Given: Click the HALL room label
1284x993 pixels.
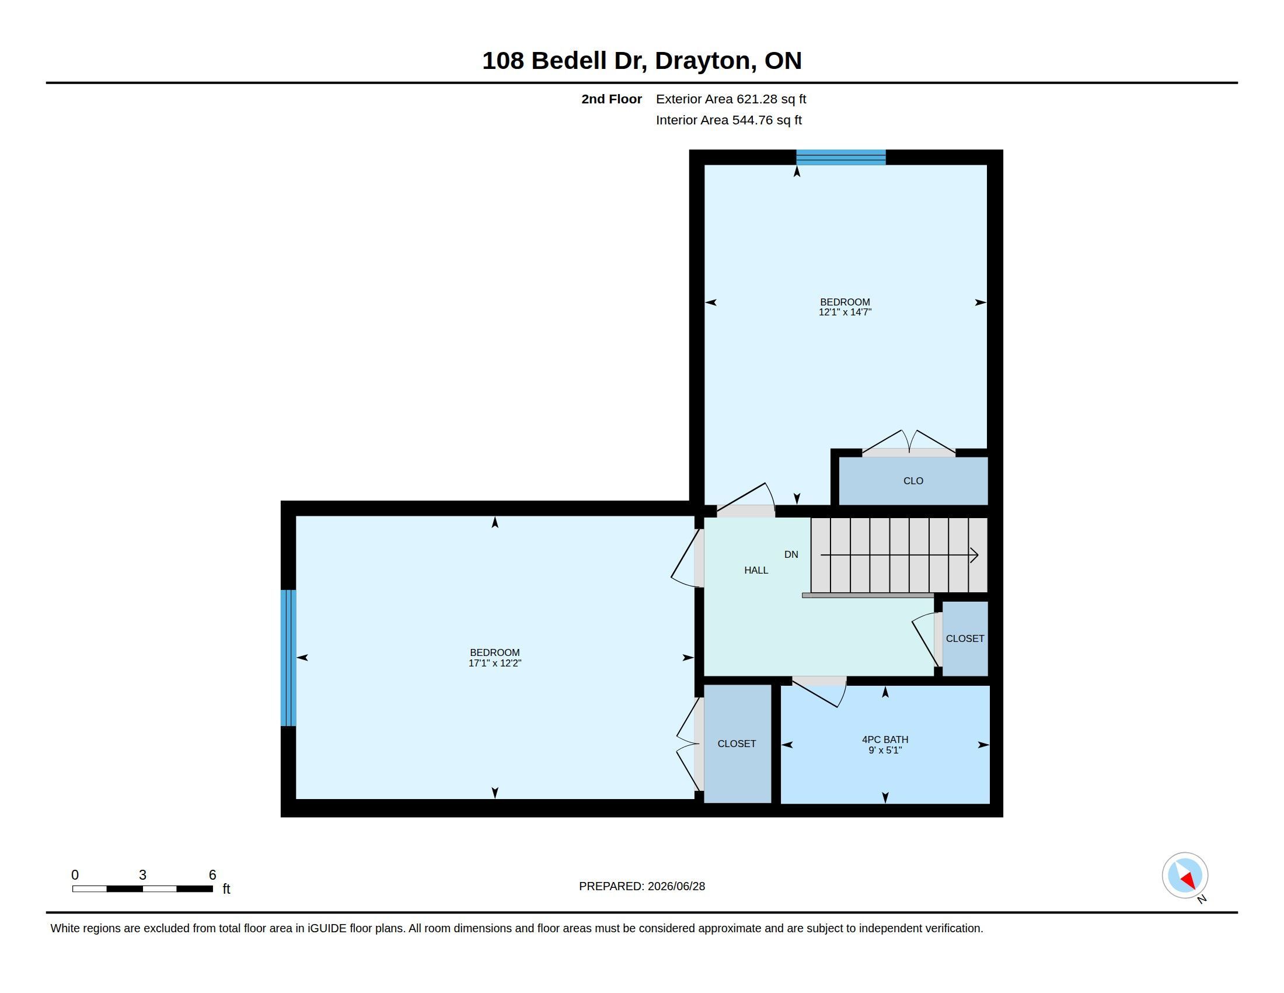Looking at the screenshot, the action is [x=756, y=570].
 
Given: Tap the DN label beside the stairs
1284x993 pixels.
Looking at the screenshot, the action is [x=791, y=554].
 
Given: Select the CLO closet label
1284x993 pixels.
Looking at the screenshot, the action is [x=913, y=481].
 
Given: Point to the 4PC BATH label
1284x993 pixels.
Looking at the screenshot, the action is [x=885, y=739].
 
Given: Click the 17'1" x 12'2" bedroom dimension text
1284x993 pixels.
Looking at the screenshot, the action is [x=494, y=663].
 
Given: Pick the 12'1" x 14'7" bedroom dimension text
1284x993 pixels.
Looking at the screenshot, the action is [x=845, y=312].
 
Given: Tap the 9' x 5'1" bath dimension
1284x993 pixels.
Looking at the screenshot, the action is [x=885, y=750].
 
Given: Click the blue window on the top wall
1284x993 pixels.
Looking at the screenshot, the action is [x=840, y=157].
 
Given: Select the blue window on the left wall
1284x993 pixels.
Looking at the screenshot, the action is [x=288, y=658].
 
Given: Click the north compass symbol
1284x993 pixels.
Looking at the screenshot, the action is [x=1185, y=876].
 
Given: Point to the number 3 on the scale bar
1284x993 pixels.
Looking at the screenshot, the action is [x=142, y=875].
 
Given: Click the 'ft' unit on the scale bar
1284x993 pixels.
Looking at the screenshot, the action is [x=226, y=889].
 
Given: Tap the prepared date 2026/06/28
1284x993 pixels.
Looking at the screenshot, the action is [x=676, y=886].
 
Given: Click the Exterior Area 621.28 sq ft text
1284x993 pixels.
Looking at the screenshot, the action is [x=731, y=99].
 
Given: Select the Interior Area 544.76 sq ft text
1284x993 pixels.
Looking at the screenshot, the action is [x=728, y=120].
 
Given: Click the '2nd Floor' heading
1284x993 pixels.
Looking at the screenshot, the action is [x=612, y=99].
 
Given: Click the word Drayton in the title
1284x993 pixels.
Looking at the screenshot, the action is [x=705, y=61].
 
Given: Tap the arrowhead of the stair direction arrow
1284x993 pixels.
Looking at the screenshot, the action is [x=974, y=555].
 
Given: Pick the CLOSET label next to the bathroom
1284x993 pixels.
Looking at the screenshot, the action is [x=737, y=744].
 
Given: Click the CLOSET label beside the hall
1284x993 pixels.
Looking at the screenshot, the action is [x=965, y=638].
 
